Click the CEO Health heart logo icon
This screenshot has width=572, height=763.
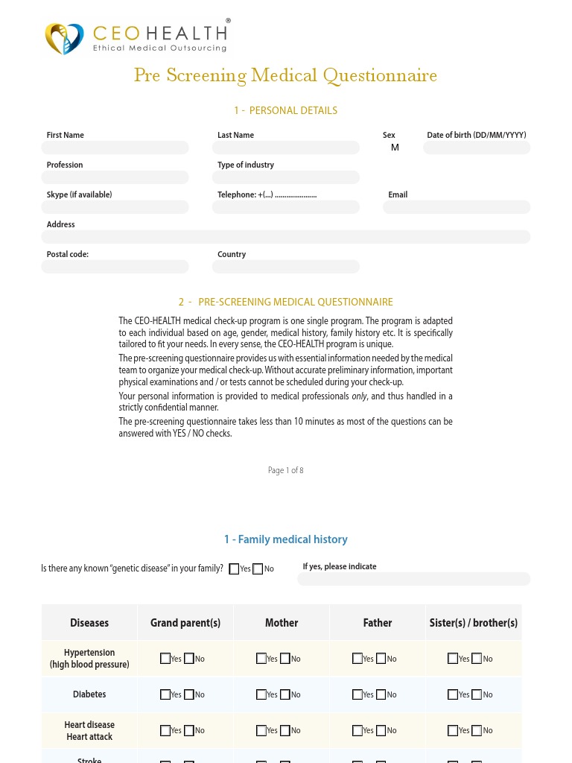[x=64, y=38]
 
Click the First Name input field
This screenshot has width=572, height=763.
[x=115, y=148]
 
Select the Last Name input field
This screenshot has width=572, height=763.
[x=285, y=148]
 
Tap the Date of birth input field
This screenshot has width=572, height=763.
[x=476, y=148]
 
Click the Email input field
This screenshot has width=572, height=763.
[x=456, y=207]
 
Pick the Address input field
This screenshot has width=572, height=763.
[x=285, y=237]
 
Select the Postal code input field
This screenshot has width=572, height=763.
[x=115, y=267]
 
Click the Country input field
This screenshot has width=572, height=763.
[x=285, y=267]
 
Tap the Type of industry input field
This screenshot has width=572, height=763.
[x=285, y=177]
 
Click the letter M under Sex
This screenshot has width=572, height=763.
[x=395, y=148]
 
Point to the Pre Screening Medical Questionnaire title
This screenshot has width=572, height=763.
[x=285, y=75]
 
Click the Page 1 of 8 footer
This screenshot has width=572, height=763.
[x=285, y=470]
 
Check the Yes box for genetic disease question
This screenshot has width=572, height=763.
[x=234, y=569]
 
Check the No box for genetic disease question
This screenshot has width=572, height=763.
[x=258, y=569]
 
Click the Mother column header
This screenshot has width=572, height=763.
[x=282, y=623]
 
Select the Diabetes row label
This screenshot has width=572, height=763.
[x=89, y=694]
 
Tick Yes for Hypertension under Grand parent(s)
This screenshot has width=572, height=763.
[x=165, y=659]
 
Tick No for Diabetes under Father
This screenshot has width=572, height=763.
[x=381, y=694]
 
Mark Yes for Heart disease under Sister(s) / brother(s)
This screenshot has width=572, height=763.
[x=453, y=730]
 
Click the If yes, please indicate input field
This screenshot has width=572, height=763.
[x=413, y=579]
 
